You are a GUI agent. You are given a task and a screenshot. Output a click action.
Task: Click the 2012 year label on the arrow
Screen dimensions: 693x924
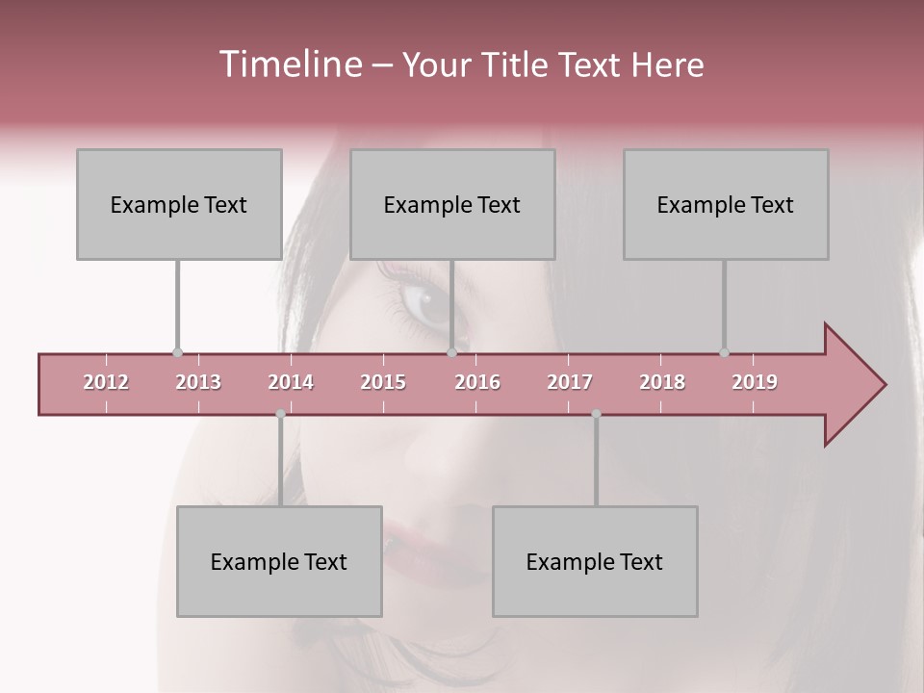click(x=106, y=382)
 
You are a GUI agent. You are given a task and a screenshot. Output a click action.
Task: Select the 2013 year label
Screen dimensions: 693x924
click(x=198, y=382)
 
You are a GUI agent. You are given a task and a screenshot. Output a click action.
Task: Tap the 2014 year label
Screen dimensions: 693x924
click(x=291, y=382)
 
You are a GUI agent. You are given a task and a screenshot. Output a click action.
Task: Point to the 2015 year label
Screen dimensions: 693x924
click(x=383, y=382)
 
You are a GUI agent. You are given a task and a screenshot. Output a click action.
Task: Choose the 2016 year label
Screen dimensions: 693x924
click(x=477, y=382)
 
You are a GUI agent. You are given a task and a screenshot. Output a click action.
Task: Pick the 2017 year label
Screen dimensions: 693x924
click(x=570, y=382)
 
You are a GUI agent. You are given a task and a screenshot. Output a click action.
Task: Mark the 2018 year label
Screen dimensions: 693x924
click(x=662, y=382)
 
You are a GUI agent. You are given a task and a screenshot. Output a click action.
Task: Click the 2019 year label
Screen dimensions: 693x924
click(x=755, y=382)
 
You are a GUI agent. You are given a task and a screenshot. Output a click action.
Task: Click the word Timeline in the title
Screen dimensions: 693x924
click(x=289, y=64)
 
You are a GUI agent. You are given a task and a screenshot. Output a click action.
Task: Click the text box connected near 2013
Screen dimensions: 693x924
click(x=179, y=204)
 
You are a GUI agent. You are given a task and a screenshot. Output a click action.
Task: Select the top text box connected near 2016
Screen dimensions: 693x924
click(x=452, y=204)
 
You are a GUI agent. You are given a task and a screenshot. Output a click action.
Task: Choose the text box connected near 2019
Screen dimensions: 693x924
click(x=726, y=204)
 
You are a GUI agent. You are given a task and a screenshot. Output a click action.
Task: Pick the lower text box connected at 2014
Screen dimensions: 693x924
click(x=279, y=561)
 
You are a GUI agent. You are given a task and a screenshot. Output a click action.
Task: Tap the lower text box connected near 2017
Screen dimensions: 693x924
click(x=595, y=561)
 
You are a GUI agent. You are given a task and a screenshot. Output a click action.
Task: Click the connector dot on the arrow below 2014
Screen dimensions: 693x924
click(x=280, y=414)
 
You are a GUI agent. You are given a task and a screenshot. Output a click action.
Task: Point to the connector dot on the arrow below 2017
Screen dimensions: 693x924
click(x=596, y=414)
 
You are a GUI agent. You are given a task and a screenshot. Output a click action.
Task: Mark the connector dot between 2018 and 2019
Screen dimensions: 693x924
click(x=724, y=352)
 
